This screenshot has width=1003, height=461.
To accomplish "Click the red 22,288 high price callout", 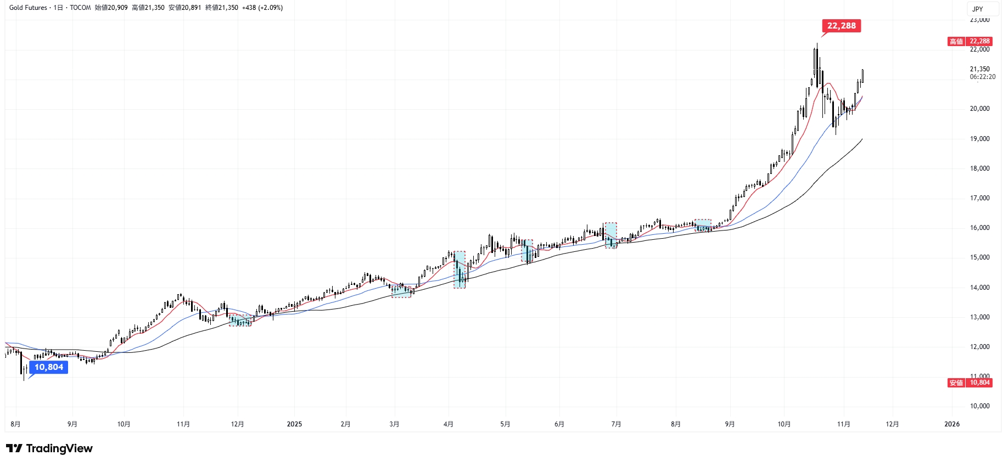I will (x=841, y=26).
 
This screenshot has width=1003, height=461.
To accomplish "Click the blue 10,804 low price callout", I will (x=49, y=367).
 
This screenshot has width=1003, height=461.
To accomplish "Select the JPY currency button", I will (x=978, y=9).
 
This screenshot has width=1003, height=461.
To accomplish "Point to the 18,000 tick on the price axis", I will (x=979, y=168).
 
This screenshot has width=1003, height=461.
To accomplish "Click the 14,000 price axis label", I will (x=979, y=288).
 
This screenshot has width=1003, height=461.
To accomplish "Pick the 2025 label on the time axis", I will (x=294, y=424).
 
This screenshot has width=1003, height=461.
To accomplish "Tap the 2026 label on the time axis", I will (x=951, y=424).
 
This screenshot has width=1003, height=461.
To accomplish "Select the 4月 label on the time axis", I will (x=449, y=424).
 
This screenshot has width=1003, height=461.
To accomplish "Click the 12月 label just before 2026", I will (x=893, y=424).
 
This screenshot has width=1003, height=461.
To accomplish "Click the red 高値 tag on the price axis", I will (x=956, y=41).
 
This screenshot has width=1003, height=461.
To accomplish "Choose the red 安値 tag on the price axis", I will (x=956, y=383).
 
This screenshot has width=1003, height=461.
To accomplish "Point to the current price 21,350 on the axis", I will (x=979, y=69).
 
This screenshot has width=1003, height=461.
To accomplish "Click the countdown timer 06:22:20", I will (x=982, y=77).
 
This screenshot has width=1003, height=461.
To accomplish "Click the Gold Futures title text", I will (x=28, y=8).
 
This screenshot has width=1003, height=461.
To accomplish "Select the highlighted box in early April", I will (x=460, y=269).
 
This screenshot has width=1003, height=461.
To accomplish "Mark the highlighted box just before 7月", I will (x=610, y=235).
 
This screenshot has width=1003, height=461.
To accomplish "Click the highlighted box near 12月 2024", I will (x=240, y=321).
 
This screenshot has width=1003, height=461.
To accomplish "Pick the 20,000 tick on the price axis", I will (x=979, y=109).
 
